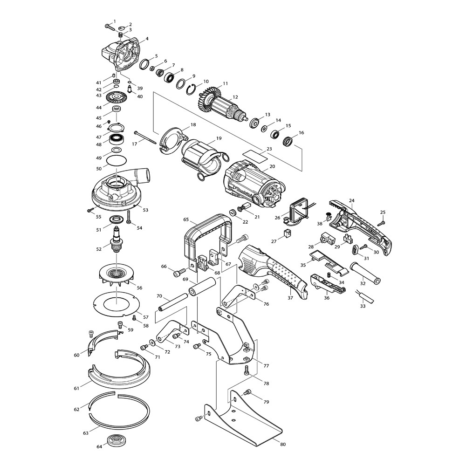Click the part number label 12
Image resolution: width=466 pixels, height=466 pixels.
235,97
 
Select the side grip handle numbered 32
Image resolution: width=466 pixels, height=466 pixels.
365,272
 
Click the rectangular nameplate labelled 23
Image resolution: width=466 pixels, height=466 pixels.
255,156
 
